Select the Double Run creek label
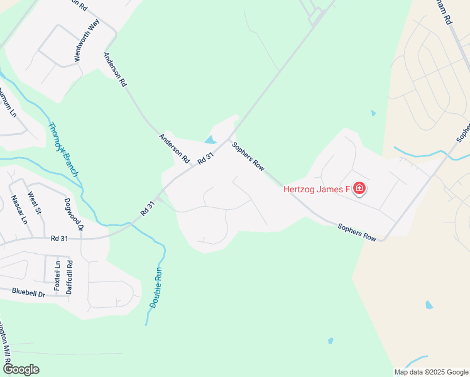click(x=157, y=287)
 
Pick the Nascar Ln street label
click(x=19, y=210)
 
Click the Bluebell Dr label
click(x=29, y=293)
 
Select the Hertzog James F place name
click(x=316, y=188)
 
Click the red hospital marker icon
click(x=359, y=188)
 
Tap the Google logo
click(x=21, y=369)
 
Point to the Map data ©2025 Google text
click(x=431, y=372)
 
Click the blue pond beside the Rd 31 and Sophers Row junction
click(x=210, y=140)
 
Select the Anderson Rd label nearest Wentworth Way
click(x=116, y=68)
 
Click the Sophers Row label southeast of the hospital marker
click(x=357, y=232)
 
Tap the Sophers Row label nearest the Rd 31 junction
click(x=248, y=156)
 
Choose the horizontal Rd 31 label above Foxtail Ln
click(x=59, y=238)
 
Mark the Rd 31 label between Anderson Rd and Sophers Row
click(x=206, y=157)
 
